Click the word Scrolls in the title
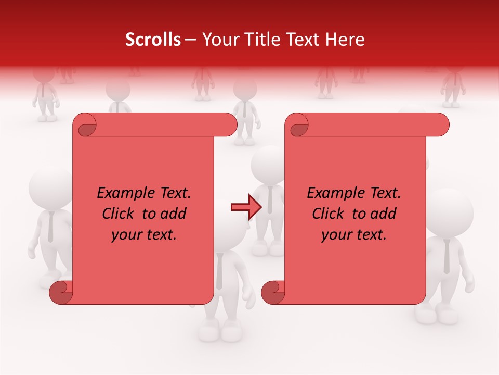[x=153, y=40]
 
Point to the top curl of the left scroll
[x=85, y=125]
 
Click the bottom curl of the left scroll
[x=61, y=292]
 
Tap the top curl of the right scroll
[x=297, y=125]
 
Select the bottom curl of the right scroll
[x=273, y=292]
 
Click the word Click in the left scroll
[x=119, y=214]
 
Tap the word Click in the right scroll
[x=329, y=214]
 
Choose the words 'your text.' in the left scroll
[x=144, y=234]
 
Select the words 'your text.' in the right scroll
[x=354, y=234]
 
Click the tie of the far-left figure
[x=50, y=227]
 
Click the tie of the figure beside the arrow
[x=270, y=200]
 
